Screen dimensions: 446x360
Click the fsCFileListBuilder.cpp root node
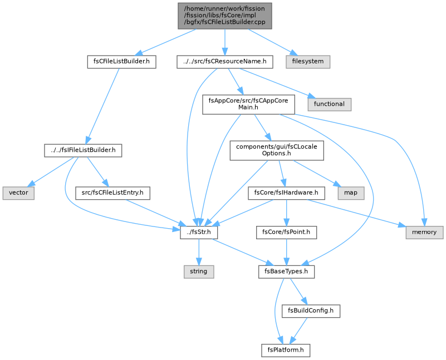coord(225,16)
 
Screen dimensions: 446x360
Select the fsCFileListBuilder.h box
coord(121,62)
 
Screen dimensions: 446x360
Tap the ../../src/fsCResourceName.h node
coord(225,62)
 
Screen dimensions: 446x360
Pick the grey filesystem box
coord(308,62)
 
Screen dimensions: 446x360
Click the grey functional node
coord(329,104)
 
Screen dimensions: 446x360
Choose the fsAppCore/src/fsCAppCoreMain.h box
coord(248,104)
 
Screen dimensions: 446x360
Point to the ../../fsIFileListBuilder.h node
coord(83,150)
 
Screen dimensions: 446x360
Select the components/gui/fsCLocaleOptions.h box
coord(277,150)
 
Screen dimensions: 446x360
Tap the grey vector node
coord(18,193)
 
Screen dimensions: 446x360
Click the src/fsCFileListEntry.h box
coord(112,193)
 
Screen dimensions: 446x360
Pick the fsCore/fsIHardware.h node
coord(286,193)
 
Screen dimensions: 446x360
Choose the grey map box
coord(351,193)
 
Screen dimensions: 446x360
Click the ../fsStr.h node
coord(199,233)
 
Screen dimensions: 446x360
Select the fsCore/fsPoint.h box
coord(286,233)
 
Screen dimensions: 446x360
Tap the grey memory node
coord(424,233)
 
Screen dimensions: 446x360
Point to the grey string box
coord(199,272)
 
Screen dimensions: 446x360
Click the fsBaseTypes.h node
coord(286,272)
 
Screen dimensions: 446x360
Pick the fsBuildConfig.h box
coord(311,311)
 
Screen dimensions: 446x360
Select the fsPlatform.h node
coord(286,351)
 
